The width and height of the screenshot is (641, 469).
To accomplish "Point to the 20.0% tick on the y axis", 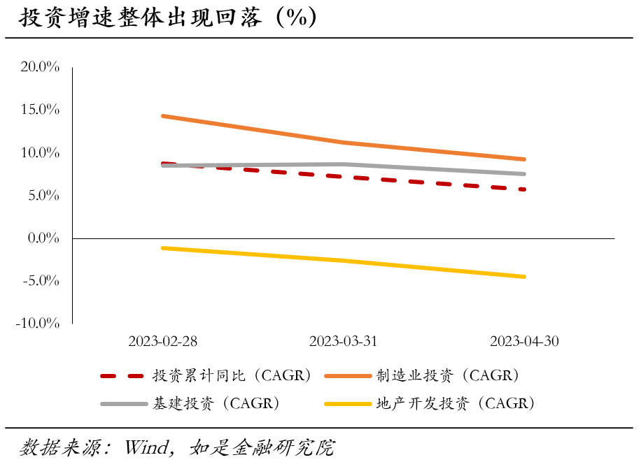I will point(41,67).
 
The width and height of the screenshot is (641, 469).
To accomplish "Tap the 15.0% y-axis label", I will point(41,110).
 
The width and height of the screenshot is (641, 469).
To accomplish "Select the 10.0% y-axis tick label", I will point(41,152).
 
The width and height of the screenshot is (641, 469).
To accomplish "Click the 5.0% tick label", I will point(43,195).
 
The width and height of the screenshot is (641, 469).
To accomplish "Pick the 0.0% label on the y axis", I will point(43,238).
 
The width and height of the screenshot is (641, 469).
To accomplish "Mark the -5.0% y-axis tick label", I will point(41,281).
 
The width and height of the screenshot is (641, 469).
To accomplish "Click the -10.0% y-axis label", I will point(38,324).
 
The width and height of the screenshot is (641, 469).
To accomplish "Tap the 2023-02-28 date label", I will point(163,341).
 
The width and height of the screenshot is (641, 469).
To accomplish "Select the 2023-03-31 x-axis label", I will point(344,341).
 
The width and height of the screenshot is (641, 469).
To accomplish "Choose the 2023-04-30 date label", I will point(524,341).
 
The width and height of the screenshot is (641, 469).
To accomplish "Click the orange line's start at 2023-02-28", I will point(163,116).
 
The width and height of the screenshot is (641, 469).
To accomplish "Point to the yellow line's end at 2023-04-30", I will point(524,277).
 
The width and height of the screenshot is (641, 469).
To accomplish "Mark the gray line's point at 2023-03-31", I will point(344,164).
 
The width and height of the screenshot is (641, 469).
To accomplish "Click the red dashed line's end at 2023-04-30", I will point(524,189).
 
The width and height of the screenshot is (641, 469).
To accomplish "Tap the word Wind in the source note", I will point(146,447).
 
